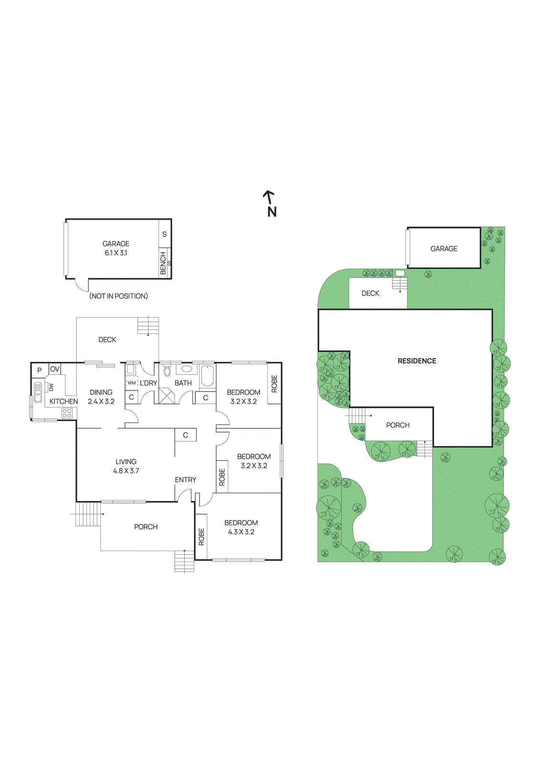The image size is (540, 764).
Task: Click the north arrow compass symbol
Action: (x=270, y=203)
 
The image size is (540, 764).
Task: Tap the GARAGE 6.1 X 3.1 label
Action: (x=116, y=248)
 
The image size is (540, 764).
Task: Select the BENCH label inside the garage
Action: (x=163, y=263)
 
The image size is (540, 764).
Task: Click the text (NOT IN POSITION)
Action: (x=118, y=296)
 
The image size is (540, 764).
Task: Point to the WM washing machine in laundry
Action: (x=131, y=382)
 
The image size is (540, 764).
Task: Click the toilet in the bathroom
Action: (x=167, y=371)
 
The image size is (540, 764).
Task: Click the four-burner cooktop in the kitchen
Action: (x=67, y=413)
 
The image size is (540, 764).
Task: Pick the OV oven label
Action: (x=55, y=369)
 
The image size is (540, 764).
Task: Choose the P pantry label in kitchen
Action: (x=40, y=370)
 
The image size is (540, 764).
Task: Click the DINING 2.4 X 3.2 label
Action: (x=101, y=397)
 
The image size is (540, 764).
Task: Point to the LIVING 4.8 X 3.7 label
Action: (x=126, y=466)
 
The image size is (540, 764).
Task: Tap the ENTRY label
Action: (x=185, y=480)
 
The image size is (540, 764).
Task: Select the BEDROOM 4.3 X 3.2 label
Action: (x=241, y=527)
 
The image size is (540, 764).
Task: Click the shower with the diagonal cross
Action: (x=167, y=396)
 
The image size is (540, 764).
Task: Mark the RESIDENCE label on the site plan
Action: (x=417, y=361)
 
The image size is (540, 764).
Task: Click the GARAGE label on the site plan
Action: (x=444, y=249)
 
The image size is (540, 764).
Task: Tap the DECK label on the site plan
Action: (x=371, y=293)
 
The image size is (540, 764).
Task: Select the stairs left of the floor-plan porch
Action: (x=88, y=514)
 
